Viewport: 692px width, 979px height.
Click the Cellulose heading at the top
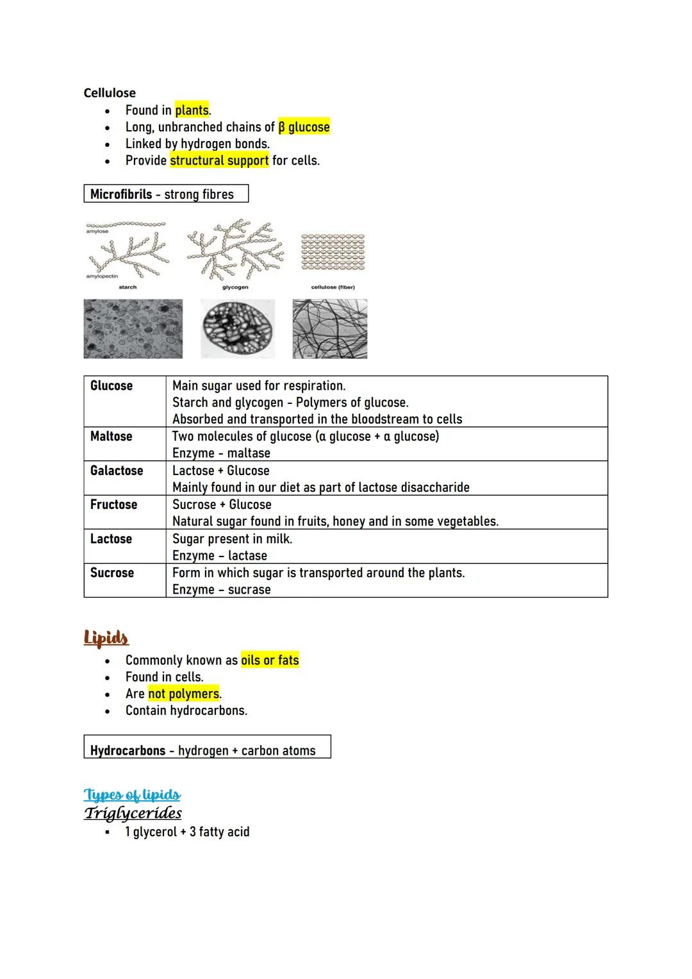click(110, 93)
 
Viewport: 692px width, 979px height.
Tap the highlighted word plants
click(192, 110)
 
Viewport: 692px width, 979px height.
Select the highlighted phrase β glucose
click(304, 127)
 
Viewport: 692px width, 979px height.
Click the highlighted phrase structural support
click(219, 160)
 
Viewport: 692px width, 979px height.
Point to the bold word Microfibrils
click(121, 194)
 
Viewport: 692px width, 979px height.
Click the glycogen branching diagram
click(235, 250)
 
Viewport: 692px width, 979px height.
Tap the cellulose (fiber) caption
click(333, 287)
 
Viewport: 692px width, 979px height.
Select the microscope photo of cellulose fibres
click(330, 329)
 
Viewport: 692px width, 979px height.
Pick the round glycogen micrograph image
click(238, 329)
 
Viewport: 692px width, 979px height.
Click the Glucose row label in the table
click(111, 385)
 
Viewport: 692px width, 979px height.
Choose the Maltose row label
click(111, 436)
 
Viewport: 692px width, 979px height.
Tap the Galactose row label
click(117, 471)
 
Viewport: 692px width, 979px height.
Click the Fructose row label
click(113, 505)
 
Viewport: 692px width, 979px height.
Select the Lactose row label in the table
click(111, 539)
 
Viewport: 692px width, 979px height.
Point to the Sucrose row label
click(112, 573)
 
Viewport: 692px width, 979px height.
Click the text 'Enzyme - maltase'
click(221, 453)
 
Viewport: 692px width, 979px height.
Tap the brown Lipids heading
click(106, 637)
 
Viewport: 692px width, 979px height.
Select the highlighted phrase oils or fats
click(270, 660)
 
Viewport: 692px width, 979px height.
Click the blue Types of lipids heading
click(132, 795)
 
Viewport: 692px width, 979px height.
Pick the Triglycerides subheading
click(133, 813)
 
